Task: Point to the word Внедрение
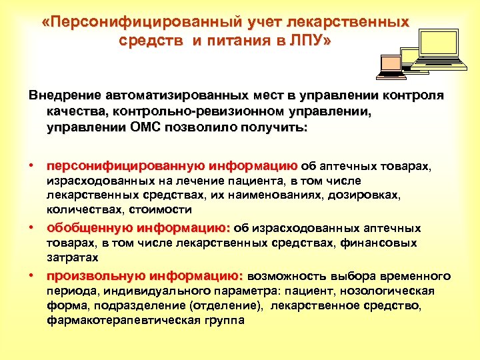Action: (x=61, y=95)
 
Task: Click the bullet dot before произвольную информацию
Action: (x=31, y=275)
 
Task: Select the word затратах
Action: (x=73, y=257)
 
